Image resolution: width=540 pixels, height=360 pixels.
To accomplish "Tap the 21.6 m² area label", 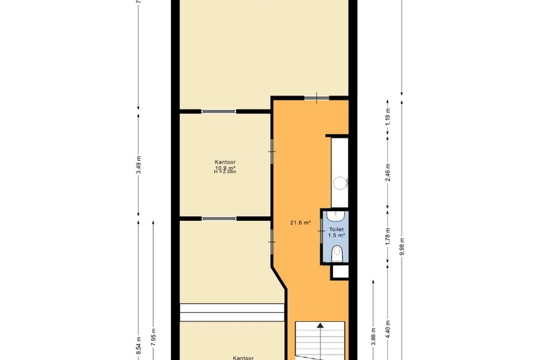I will (x=300, y=222).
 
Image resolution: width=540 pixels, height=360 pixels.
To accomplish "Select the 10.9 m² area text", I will (x=226, y=168).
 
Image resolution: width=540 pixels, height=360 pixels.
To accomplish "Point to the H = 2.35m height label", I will (x=226, y=172).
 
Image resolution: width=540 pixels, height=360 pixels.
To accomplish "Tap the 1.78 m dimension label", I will (x=388, y=238).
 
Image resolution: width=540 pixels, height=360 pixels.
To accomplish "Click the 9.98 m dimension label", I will (x=402, y=247).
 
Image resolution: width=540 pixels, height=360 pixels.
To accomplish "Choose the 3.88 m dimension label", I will (x=373, y=336).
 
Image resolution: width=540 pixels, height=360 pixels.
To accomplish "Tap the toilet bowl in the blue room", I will (x=336, y=252).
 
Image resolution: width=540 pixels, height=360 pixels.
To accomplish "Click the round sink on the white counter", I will (x=339, y=183).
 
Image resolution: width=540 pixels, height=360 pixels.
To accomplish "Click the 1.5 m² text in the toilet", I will (x=336, y=235).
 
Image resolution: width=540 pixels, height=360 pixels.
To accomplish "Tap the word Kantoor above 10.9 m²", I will (x=226, y=162).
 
